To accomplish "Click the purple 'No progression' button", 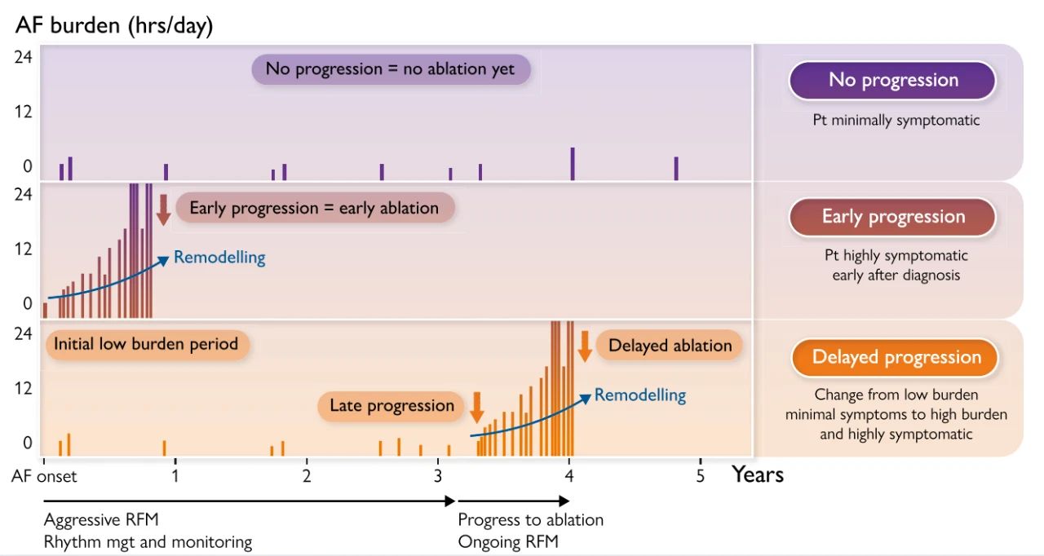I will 892,80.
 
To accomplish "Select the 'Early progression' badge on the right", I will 892,217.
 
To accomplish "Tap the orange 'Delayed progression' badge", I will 896,357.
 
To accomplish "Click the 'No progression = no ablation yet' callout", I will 391,69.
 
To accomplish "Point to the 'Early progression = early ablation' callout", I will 314,208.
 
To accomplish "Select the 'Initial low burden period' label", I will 146,344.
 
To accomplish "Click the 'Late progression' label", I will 391,405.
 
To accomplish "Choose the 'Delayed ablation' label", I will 670,345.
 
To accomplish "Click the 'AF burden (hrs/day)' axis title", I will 114,25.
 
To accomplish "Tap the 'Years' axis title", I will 757,474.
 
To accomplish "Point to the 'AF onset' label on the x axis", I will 44,475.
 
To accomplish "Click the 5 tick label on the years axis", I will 700,475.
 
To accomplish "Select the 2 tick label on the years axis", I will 306,475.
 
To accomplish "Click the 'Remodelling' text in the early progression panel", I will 219,258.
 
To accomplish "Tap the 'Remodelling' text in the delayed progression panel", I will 639,395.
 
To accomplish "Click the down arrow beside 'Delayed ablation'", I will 584,346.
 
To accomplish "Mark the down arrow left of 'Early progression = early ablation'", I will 163,210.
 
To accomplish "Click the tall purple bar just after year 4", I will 573,163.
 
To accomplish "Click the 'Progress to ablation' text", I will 530,520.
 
